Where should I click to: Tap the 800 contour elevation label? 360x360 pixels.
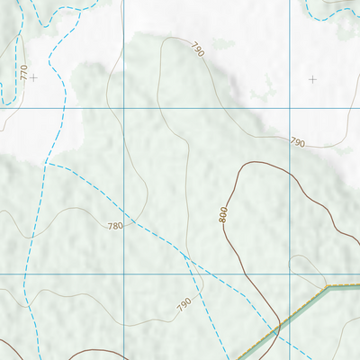coord(223,214)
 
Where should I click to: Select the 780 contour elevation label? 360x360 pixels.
coord(113,225)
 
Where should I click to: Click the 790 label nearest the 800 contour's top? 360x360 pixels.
coord(298,142)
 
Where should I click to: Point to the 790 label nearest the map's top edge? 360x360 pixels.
coord(197,49)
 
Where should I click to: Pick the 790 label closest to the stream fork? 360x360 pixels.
coord(184,305)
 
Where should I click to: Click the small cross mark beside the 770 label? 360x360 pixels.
coord(33,78)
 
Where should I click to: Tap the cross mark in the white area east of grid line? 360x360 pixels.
coord(312,79)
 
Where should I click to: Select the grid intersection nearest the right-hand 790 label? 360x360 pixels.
coord(290,108)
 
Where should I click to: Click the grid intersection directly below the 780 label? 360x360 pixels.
coord(122,274)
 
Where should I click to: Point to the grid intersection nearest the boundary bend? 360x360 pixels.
coord(290,274)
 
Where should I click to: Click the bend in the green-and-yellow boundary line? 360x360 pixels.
coord(328,288)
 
